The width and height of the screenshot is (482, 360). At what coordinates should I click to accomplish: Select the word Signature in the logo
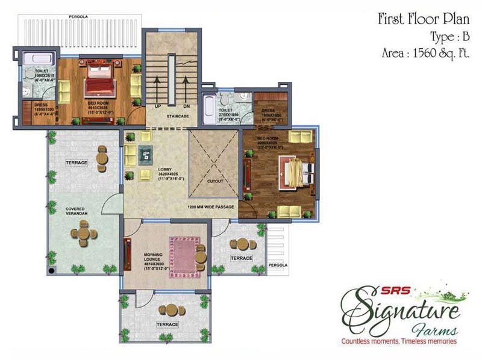click(x=400, y=306)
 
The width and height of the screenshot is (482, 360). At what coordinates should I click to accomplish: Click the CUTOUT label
click(x=215, y=181)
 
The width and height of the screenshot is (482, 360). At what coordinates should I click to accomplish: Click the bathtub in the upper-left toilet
click(x=38, y=58)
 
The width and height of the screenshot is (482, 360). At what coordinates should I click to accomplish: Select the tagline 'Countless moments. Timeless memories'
click(x=399, y=342)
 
